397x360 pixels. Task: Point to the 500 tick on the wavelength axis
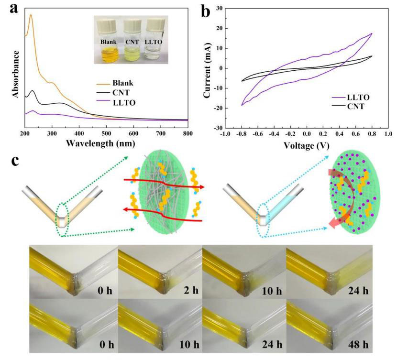pyautogui.click(x=107, y=133)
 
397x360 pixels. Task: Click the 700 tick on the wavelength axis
pyautogui.click(x=161, y=133)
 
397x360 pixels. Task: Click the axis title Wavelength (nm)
pyautogui.click(x=100, y=143)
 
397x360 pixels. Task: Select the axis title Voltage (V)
pyautogui.click(x=306, y=145)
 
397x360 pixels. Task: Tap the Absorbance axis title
pyautogui.click(x=16, y=74)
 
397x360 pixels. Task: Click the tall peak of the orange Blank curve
pyautogui.click(x=31, y=15)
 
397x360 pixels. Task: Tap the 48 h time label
pyautogui.click(x=358, y=345)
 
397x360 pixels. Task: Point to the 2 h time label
pyautogui.click(x=191, y=290)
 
